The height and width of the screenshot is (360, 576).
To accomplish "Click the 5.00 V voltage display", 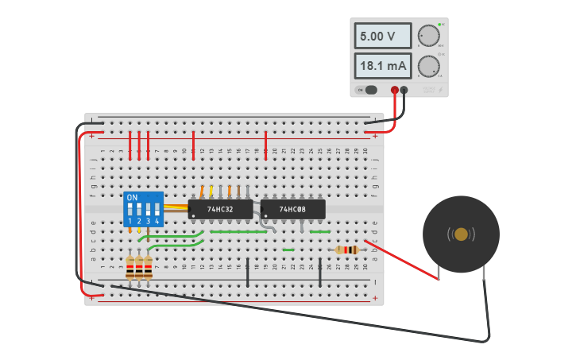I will tap(382, 37).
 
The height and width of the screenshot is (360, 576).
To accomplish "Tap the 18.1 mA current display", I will tap(382, 66).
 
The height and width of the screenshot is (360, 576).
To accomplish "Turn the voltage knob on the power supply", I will tap(428, 36).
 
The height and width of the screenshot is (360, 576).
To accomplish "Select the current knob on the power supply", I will tap(428, 66).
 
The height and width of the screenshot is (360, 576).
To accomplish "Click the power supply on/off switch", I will tap(369, 90).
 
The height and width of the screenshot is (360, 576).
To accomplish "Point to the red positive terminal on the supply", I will tap(395, 90).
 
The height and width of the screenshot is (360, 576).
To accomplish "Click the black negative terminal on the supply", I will tap(404, 90).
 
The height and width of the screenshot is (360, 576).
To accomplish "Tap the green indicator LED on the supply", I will tap(439, 25).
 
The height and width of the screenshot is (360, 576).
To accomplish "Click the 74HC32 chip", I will tap(220, 210).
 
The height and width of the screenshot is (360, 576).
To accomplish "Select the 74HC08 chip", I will tap(292, 210).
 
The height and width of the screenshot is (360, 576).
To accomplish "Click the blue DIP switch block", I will tap(144, 209).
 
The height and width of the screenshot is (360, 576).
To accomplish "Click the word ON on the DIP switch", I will tap(132, 197).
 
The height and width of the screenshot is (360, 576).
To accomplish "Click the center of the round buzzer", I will tap(461, 234).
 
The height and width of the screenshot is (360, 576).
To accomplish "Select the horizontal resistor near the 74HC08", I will tap(346, 250).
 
